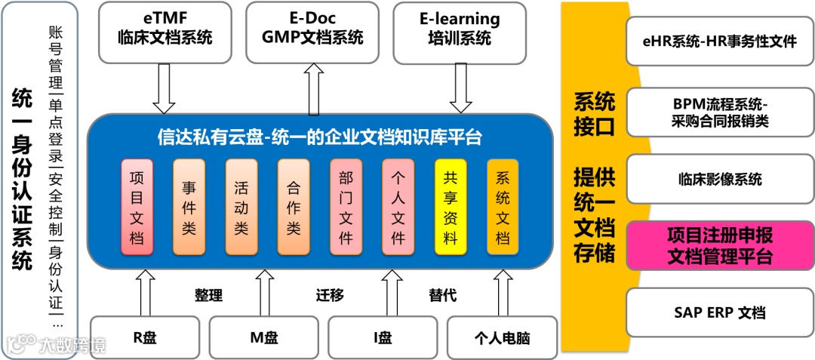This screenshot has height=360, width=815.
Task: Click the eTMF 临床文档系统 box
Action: [x=165, y=31]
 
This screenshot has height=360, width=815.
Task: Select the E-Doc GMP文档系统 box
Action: [x=312, y=31]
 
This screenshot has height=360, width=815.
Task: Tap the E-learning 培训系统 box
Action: [x=460, y=31]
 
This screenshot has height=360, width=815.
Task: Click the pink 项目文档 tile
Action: [x=137, y=206]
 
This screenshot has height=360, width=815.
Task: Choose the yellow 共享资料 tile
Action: [x=451, y=206]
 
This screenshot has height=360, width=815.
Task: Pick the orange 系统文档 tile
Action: [x=503, y=206]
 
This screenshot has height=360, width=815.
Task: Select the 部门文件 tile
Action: [x=346, y=206]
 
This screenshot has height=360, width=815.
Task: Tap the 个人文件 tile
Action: [x=398, y=206]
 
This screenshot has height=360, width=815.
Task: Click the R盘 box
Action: [x=145, y=337]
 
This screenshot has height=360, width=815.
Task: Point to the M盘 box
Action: [x=263, y=337]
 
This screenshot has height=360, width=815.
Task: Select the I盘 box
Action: [x=383, y=337]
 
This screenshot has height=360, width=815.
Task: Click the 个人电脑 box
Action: [x=502, y=337]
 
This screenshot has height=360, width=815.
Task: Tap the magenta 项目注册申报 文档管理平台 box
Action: [x=720, y=245]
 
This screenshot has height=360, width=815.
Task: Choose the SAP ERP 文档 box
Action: [x=720, y=312]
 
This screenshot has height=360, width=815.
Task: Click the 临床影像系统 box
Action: [x=720, y=179]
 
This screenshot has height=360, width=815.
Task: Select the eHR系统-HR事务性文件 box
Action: [x=720, y=42]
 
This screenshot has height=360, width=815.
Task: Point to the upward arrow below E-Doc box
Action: [x=314, y=88]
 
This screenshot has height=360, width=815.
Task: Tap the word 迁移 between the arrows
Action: [x=330, y=295]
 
